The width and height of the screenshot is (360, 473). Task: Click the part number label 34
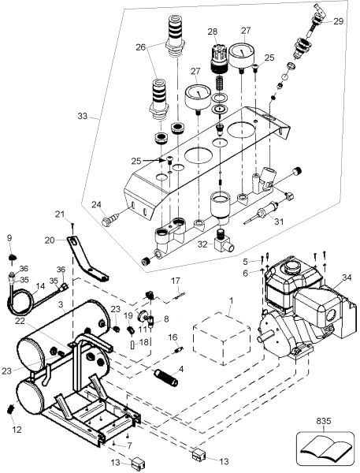click(348, 277)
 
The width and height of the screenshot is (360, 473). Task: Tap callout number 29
click(339, 20)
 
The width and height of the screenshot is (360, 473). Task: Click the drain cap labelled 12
click(11, 408)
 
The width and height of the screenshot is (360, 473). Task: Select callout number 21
click(59, 214)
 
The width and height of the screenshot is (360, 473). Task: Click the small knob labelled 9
click(10, 257)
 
